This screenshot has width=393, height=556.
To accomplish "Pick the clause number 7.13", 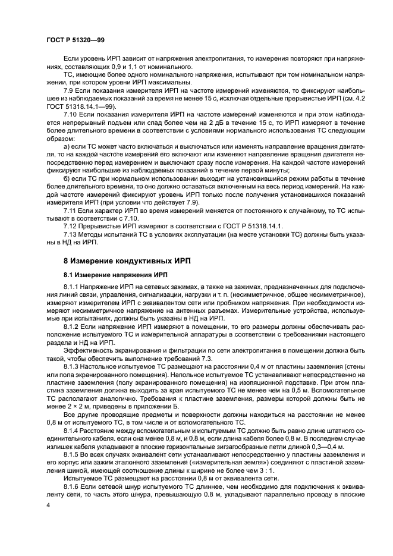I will coord(71,234).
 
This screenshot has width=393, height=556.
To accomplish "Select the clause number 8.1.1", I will coord(72,288).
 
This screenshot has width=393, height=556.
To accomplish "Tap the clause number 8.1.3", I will coord(72,357).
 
